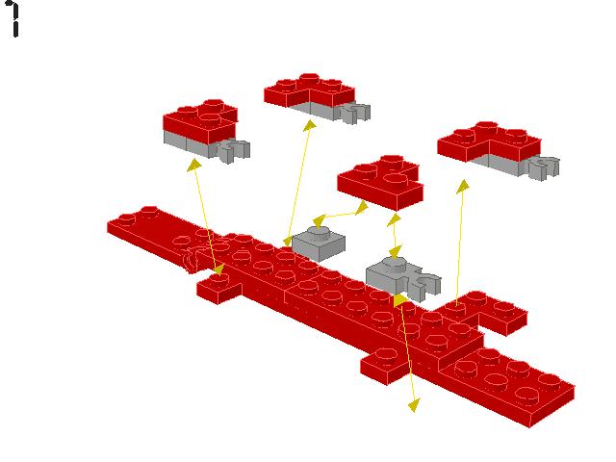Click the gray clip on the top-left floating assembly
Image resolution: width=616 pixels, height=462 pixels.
pyautogui.click(x=233, y=149)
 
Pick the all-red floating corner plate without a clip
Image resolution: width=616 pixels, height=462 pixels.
pyautogui.click(x=379, y=180)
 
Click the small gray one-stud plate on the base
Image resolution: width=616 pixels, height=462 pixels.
pyautogui.click(x=319, y=242)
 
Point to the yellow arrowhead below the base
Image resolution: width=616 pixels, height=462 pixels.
pyautogui.click(x=414, y=405)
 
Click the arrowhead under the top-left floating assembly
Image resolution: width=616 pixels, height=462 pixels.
pyautogui.click(x=194, y=166)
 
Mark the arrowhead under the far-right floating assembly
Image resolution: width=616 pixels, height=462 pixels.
pyautogui.click(x=463, y=185)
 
